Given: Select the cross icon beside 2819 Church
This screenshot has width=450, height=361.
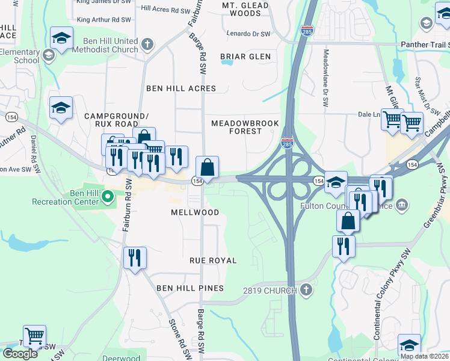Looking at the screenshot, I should (x=306, y=291).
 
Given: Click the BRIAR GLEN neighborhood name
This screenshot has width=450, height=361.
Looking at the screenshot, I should (x=245, y=57).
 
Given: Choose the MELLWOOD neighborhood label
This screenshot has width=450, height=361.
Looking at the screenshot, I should (x=195, y=212).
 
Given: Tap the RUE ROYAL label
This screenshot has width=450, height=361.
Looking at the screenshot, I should (x=213, y=261).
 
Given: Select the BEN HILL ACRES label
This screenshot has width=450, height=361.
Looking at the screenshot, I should (x=181, y=88).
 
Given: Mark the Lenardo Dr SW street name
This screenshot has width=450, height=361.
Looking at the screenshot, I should (x=248, y=34).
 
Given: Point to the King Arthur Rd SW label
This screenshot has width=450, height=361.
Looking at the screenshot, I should (x=104, y=20).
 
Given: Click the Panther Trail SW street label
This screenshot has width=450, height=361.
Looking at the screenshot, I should (x=424, y=44).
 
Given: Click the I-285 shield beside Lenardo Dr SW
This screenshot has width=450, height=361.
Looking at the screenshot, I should (x=307, y=31).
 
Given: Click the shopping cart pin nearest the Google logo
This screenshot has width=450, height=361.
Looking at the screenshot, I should (x=34, y=336).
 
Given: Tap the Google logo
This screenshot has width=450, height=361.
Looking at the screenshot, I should (x=20, y=354).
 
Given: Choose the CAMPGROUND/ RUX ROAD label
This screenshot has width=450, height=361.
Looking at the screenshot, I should (x=116, y=120).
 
